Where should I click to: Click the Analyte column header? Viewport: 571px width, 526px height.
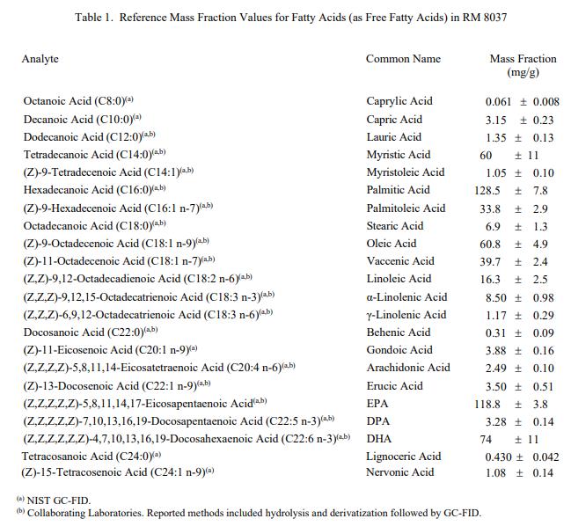(x=40, y=59)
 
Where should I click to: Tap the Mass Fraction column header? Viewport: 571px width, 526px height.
(x=523, y=65)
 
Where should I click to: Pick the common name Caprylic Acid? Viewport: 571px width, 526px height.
(x=399, y=101)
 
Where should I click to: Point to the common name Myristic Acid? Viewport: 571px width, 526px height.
(x=399, y=155)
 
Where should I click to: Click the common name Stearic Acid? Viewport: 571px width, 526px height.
(x=395, y=226)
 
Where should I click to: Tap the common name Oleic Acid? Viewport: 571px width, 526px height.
(x=392, y=244)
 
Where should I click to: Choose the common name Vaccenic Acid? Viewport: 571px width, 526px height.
(x=400, y=261)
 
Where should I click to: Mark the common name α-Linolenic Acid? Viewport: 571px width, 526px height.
(x=406, y=297)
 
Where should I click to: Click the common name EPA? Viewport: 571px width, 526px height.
(x=378, y=404)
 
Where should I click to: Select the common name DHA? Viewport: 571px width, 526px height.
(x=379, y=439)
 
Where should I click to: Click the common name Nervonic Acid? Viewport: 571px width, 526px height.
(x=400, y=472)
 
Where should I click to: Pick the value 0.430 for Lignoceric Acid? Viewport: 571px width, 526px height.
(x=500, y=457)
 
